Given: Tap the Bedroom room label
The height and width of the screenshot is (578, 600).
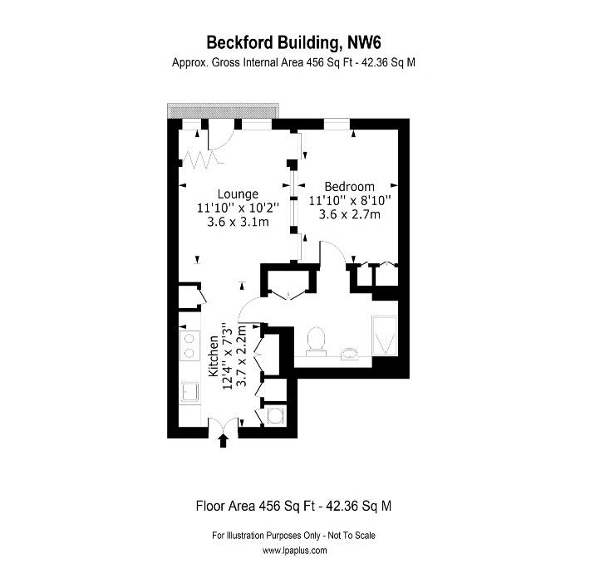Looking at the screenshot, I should coord(349,187).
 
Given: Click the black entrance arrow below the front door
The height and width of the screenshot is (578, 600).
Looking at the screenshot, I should coord(222,440).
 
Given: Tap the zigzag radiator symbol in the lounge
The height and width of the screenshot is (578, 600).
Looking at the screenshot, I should coord(199,157).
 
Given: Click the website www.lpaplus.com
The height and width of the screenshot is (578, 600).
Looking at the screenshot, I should coord(299,551).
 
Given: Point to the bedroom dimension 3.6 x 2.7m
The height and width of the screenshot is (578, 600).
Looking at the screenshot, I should coord(349,215).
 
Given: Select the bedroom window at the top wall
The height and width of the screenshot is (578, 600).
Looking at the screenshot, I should coord(337,125).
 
